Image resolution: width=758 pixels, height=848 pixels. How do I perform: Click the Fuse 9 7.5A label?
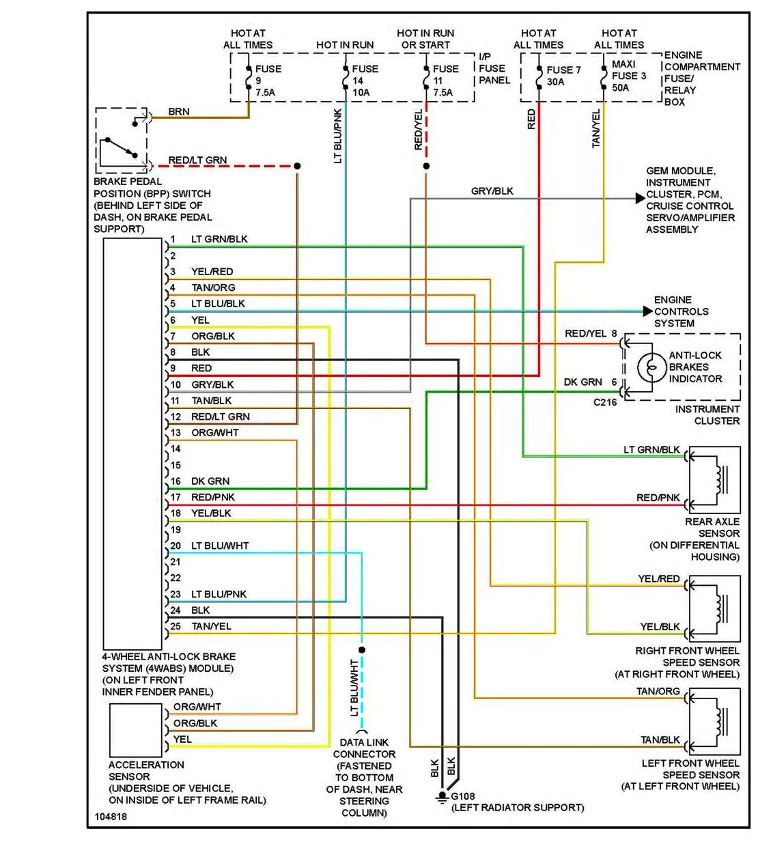(x=267, y=80)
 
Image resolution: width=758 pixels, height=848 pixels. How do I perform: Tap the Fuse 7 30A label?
(x=563, y=75)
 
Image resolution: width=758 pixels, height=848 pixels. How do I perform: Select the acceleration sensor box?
(x=135, y=729)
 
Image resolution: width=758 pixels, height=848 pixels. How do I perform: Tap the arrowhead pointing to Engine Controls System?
(x=647, y=311)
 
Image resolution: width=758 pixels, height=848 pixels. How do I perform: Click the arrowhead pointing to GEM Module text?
(x=640, y=199)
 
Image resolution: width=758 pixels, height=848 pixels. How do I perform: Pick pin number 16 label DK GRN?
(x=210, y=481)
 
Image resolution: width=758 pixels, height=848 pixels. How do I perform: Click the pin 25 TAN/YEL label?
(x=211, y=626)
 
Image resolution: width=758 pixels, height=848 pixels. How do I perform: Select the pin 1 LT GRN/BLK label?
(x=219, y=239)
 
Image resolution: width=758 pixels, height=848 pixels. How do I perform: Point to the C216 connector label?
(x=604, y=402)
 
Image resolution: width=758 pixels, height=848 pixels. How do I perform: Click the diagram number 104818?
(x=111, y=817)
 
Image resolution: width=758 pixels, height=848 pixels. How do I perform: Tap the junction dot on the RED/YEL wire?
(x=426, y=166)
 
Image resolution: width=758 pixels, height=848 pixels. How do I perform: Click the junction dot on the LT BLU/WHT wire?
(x=362, y=650)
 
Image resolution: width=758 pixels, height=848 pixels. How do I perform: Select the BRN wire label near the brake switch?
(x=178, y=111)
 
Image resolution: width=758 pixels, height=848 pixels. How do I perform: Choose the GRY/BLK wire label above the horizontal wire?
(x=492, y=191)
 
